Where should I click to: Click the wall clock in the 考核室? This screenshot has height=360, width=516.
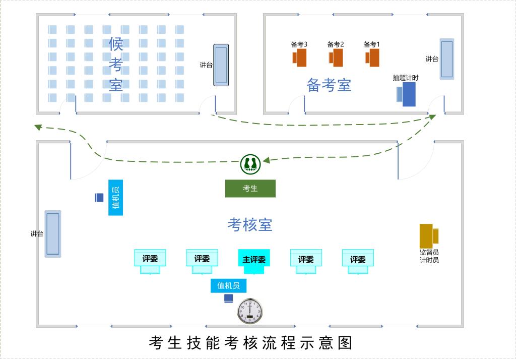point(250,311)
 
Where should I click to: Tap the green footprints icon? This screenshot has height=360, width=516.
point(250,163)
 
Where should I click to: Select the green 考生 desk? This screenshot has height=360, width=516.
point(250,189)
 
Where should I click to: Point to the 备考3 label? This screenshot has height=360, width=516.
point(299,44)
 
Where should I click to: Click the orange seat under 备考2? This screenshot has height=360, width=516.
point(337,57)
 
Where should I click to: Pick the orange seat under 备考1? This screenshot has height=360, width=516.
point(373,57)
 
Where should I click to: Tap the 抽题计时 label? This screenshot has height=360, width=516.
point(406,78)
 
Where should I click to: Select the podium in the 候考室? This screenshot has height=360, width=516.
point(221,65)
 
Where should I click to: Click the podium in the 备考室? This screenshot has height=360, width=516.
point(446,59)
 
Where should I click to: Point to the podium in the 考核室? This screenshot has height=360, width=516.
point(52,234)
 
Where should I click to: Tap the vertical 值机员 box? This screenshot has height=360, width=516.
point(115,198)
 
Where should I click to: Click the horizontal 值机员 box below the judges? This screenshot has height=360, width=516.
point(228,286)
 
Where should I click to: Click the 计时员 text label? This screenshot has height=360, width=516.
point(429,260)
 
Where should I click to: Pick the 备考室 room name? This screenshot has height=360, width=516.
point(329,85)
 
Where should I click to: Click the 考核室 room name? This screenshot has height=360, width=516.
point(250,224)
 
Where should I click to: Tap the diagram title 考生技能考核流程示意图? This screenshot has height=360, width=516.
point(250,343)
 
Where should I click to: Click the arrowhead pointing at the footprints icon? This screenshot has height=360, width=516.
point(266,161)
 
